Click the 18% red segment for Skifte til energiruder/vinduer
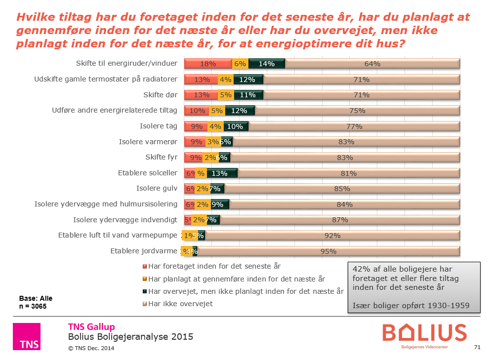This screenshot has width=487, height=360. point(208,64)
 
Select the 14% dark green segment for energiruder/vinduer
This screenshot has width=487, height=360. point(267,64)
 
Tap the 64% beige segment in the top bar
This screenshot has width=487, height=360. point(372,64)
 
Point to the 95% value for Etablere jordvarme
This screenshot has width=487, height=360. point(328,251)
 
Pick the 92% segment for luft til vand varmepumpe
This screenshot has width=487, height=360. point(332,236)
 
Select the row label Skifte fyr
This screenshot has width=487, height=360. point(161,158)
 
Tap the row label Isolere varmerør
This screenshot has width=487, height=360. point(148,142)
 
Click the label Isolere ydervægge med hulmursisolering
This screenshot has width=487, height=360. point(105,204)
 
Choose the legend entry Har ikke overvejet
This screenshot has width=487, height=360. point(180,304)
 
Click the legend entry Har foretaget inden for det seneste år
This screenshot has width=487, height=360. point(214,266)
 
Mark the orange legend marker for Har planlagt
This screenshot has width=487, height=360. point(145,279)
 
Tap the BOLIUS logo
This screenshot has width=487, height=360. point(424,334)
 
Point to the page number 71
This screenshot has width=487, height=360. point(477,348)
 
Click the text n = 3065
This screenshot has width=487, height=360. point(33,306)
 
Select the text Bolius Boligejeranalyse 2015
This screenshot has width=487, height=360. point(130,337)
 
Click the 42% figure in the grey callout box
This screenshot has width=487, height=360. point(360,269)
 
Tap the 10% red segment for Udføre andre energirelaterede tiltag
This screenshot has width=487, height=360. point(197,111)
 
